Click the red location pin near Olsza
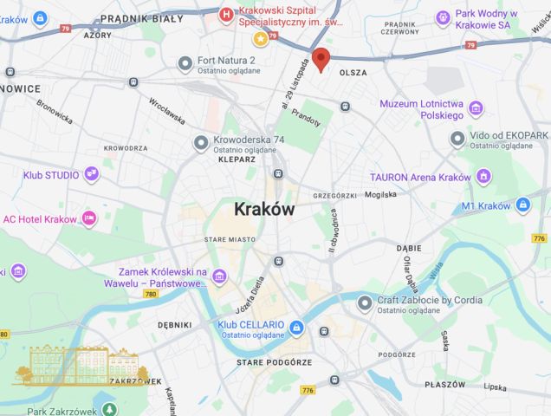(321, 59)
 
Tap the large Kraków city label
(264, 210)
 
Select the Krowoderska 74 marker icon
(201, 140)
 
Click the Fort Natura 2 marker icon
(184, 62)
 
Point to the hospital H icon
(226, 14)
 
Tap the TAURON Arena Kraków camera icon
(485, 177)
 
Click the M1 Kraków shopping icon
(522, 205)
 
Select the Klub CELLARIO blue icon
(296, 327)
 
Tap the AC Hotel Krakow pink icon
(88, 218)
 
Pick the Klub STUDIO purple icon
(91, 174)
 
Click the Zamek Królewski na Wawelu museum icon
(220, 276)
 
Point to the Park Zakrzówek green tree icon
(108, 409)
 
